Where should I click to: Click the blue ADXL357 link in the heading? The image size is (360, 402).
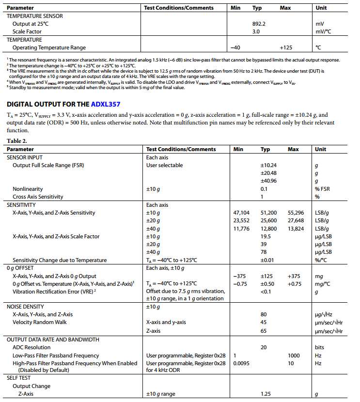[x=105, y=104]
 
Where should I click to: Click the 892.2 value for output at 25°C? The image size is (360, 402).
[x=259, y=23]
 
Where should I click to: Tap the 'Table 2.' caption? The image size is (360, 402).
[x=17, y=140]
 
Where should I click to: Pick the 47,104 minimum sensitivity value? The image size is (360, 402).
[x=241, y=213]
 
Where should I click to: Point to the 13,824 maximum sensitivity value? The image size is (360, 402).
[x=296, y=229]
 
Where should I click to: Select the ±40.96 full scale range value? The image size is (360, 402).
[x=268, y=181]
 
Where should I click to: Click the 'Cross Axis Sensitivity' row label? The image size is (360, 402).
[x=38, y=197]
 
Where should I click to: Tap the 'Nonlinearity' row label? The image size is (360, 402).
[x=28, y=189]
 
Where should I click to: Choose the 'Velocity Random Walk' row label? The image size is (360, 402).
[x=40, y=323]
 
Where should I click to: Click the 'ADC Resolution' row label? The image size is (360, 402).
[x=31, y=347]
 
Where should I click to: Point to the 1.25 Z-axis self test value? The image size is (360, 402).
[x=266, y=394]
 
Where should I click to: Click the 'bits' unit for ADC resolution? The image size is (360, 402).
[x=320, y=347]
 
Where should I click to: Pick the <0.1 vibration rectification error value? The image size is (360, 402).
[x=266, y=291]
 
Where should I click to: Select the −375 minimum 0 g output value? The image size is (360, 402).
[x=240, y=276]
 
